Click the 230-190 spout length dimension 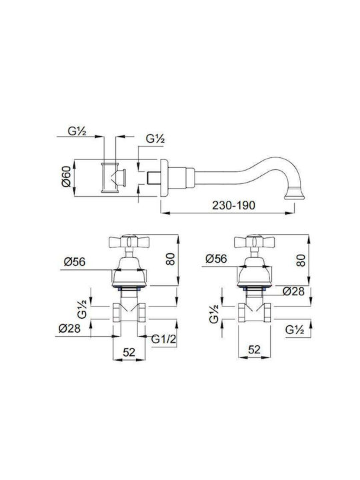point(233,205)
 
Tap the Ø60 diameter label point(66,176)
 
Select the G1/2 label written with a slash point(164,339)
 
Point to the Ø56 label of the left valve point(75,262)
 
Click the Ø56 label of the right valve point(216,259)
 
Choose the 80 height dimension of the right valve point(301,260)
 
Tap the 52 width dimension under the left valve point(129,352)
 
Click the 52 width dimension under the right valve point(255,349)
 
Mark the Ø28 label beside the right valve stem point(293,291)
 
